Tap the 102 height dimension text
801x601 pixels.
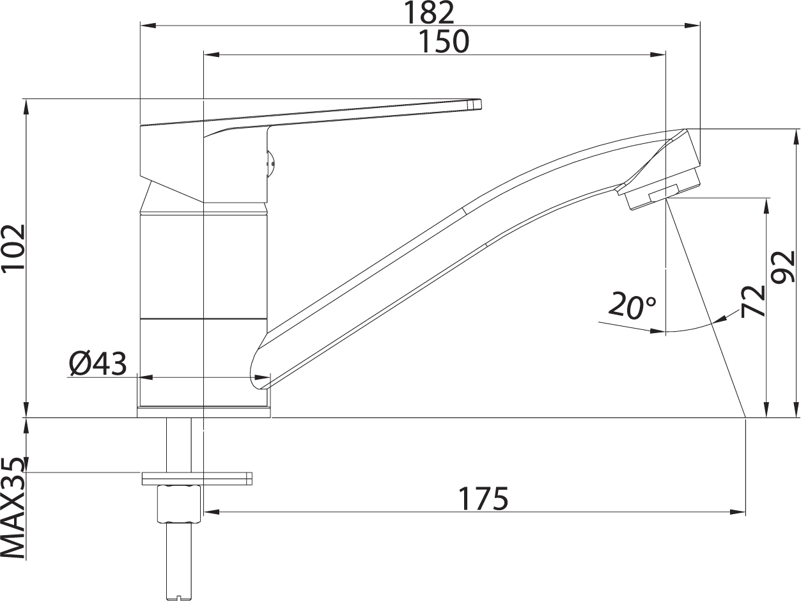click(x=14, y=249)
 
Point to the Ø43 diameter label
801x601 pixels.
click(x=98, y=364)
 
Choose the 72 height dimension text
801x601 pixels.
click(x=754, y=301)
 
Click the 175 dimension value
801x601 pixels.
click(x=484, y=499)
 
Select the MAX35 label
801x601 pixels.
click(x=14, y=508)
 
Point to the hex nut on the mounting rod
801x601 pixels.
click(x=179, y=503)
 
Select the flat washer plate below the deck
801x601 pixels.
click(x=197, y=478)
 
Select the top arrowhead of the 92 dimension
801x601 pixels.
click(x=796, y=136)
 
